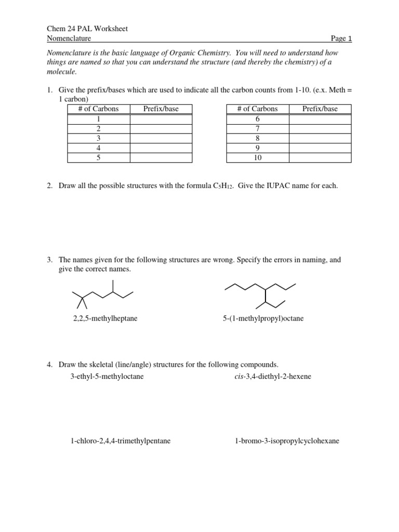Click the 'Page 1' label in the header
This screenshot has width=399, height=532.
click(341, 38)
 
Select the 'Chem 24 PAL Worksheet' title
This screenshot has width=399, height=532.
click(87, 29)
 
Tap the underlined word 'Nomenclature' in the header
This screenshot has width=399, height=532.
click(69, 38)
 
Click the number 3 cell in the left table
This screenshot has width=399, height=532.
click(99, 138)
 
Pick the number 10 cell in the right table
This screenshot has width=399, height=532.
click(258, 157)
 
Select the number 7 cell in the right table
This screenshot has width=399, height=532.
click(258, 128)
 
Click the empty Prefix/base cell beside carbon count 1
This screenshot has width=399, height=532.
click(161, 119)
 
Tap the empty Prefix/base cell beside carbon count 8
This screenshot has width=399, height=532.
click(320, 138)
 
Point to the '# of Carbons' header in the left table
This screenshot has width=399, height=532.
click(99, 109)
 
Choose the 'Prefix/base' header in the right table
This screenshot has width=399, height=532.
click(320, 109)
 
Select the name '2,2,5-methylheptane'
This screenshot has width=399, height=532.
click(105, 318)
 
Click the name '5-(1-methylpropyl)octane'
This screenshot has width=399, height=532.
click(263, 318)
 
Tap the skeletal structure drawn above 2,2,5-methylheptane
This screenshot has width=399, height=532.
click(102, 296)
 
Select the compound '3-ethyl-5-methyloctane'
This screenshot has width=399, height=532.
click(107, 376)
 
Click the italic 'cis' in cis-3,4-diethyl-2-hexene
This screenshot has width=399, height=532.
click(240, 376)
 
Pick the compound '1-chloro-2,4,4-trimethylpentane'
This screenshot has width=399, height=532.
click(121, 441)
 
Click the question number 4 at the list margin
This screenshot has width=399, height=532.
click(49, 365)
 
